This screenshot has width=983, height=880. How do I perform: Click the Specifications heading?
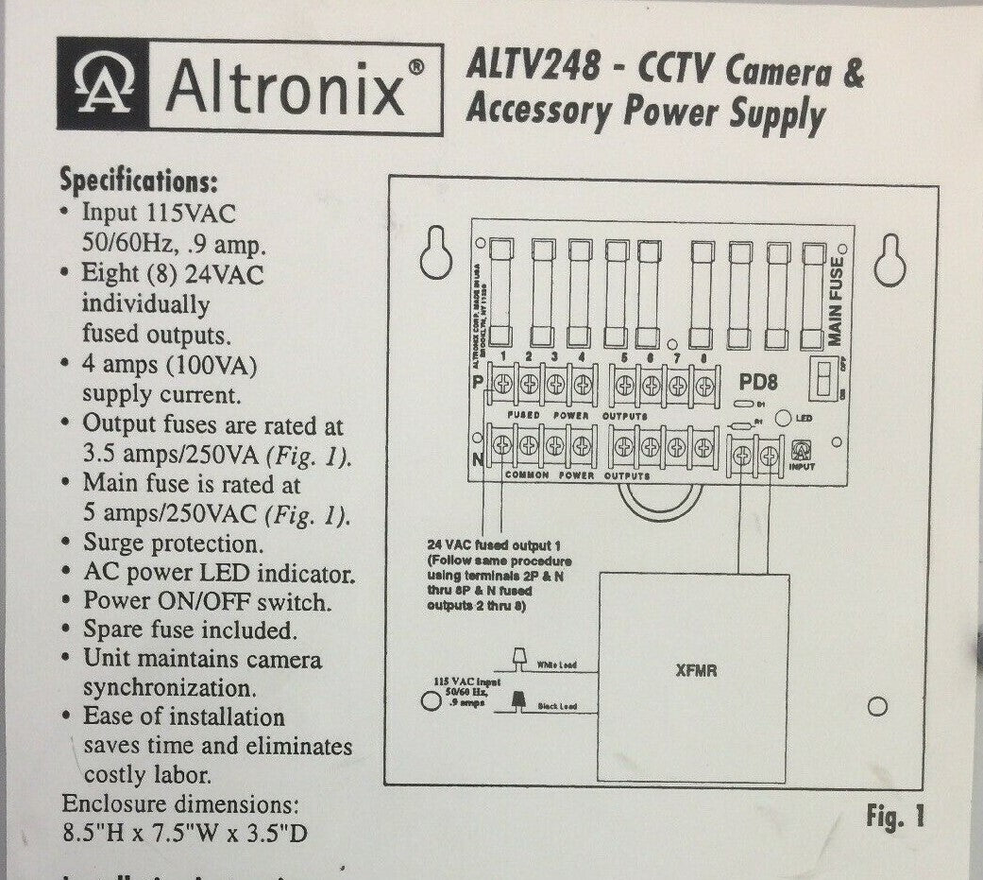139,179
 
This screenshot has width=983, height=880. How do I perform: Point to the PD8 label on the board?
757,382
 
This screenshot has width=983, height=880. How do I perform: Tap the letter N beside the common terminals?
479,460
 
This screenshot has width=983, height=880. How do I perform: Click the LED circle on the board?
783,417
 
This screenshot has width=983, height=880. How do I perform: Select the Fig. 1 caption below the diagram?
894,816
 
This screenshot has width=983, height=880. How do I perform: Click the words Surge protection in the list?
172,544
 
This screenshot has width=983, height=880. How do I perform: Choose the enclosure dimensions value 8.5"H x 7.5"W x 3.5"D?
185,835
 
